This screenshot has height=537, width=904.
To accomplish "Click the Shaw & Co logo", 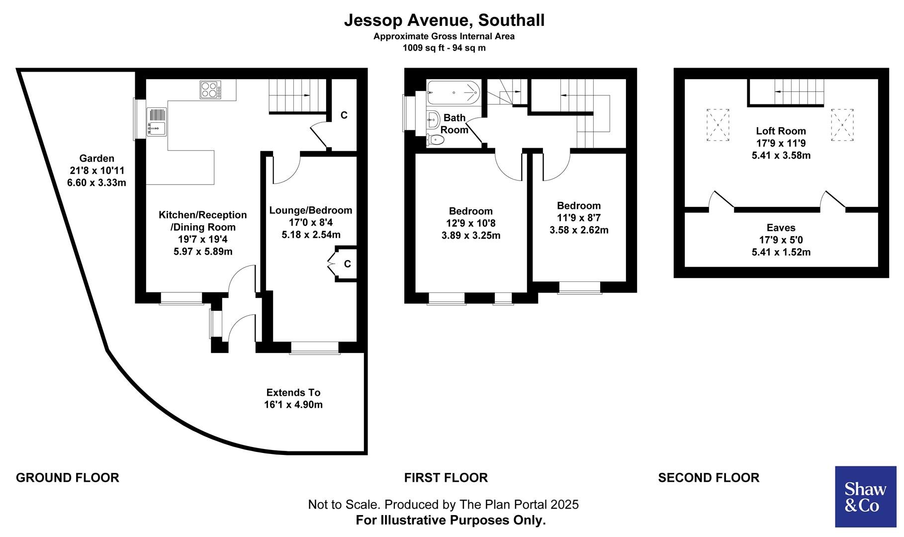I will (x=865, y=496).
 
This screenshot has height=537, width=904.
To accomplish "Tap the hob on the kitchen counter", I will (x=211, y=90).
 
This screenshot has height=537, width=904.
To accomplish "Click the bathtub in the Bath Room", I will (x=453, y=92).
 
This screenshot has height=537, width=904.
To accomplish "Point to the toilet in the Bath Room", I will (x=436, y=140).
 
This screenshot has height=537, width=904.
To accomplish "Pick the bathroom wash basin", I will (x=433, y=118).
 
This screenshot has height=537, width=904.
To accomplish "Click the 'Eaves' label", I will (x=781, y=228).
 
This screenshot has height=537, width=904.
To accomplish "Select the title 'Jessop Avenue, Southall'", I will (x=444, y=20).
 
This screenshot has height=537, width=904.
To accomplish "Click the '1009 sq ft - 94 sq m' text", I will (x=444, y=48).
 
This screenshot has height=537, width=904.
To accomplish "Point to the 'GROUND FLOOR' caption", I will (x=68, y=478).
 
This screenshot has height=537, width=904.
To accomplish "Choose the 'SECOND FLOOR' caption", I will (x=709, y=478).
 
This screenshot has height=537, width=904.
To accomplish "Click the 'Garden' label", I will (x=97, y=159).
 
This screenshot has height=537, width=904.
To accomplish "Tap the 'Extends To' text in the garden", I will (x=293, y=392).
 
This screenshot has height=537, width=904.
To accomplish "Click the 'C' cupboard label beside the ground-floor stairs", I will (x=344, y=115).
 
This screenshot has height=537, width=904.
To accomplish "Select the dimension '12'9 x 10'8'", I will (x=470, y=223).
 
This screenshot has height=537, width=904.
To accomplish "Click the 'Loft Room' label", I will (x=781, y=131).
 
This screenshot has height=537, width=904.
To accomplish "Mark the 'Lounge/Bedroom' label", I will (x=311, y=210).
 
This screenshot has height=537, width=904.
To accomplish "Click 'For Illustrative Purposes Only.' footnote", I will (x=451, y=520).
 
